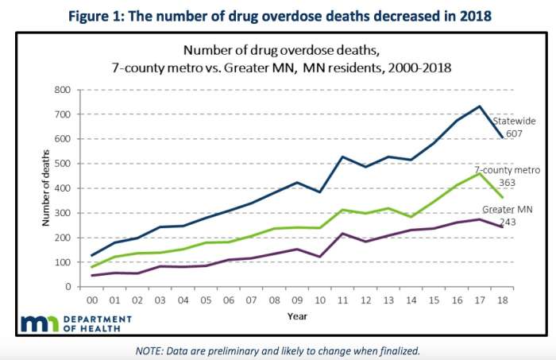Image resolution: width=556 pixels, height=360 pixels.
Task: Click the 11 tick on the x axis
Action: [342, 301]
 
